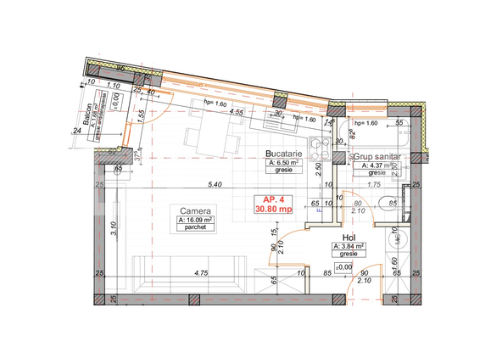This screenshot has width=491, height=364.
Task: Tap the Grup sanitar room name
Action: [377, 157]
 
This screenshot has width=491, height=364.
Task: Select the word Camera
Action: [195, 211]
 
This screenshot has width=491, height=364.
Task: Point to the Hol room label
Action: [349, 238]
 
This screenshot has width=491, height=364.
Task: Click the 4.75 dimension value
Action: [200, 274]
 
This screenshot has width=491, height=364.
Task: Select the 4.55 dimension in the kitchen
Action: [236, 111]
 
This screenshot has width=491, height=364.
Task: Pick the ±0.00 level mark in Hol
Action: [344, 267]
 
